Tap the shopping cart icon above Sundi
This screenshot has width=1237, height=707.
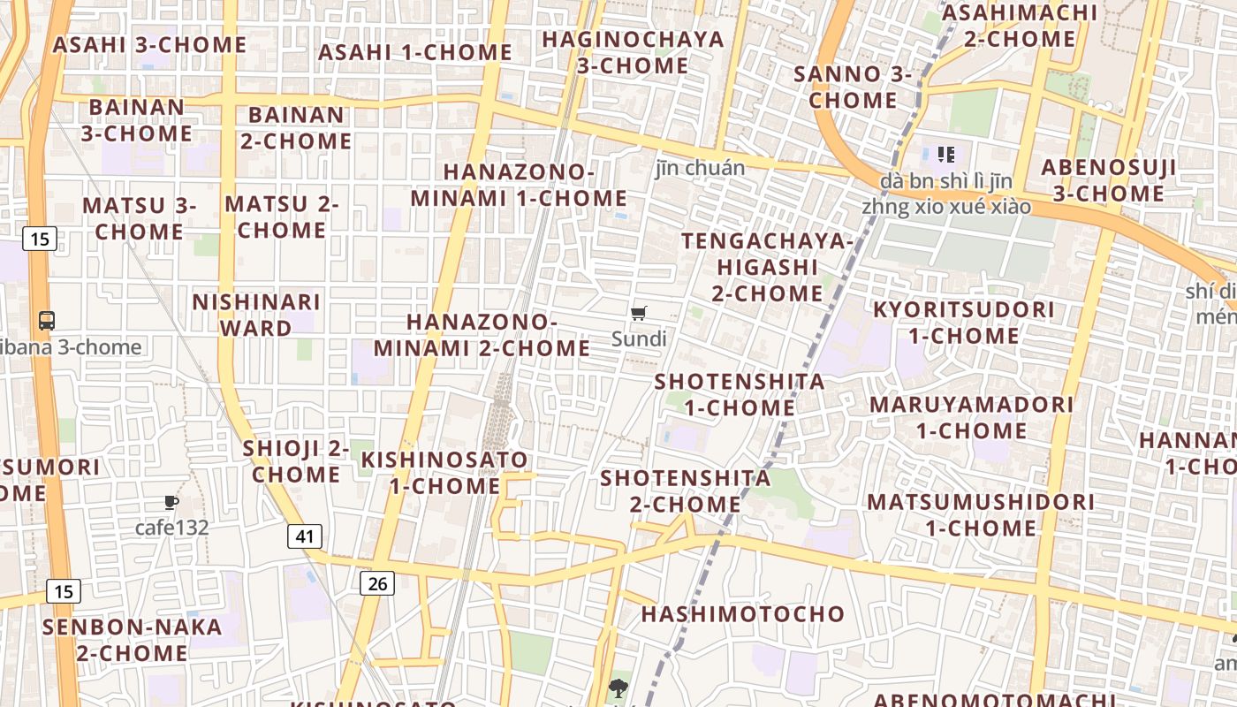639,313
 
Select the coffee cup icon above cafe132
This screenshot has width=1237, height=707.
171,503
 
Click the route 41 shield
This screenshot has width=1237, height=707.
304,536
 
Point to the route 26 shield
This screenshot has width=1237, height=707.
376,582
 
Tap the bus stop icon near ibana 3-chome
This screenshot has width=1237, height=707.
47,321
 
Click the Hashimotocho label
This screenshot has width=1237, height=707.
742,613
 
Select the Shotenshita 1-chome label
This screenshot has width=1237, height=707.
740,394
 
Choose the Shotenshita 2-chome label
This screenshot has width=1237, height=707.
686,490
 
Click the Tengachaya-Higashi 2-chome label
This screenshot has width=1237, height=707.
767,266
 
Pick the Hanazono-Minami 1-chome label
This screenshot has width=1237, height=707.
519,185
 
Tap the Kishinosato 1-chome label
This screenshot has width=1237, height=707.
444,472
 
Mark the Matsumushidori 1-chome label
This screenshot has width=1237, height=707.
981,514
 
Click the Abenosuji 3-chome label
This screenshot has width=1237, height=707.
1108,180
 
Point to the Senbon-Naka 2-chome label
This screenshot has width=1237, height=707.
133,640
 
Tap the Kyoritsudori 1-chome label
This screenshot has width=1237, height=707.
964,323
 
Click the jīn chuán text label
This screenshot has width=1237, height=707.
700,168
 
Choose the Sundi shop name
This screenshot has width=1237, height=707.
639,338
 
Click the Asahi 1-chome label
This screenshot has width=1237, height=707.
414,52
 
